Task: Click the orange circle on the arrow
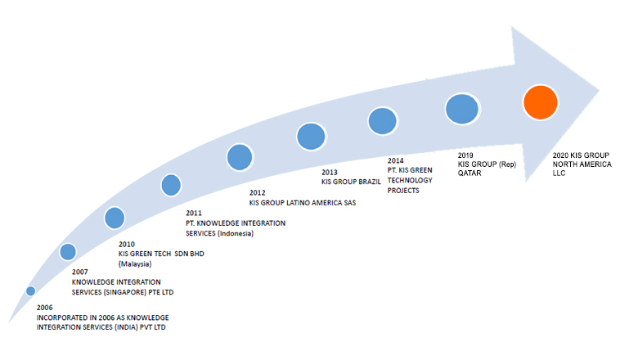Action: (x=541, y=102)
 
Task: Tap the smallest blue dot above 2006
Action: (x=30, y=290)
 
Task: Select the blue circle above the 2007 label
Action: (x=68, y=252)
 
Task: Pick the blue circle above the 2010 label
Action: (x=115, y=218)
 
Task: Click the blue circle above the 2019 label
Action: (x=462, y=109)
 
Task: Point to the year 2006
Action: (x=45, y=308)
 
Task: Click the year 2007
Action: (x=80, y=272)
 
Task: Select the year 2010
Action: (x=127, y=244)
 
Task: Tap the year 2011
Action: (x=194, y=213)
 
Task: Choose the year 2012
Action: (x=257, y=192)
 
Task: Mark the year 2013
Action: (x=329, y=172)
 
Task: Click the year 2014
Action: (x=396, y=160)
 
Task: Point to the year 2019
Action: (x=465, y=155)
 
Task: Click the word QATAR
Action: (x=470, y=173)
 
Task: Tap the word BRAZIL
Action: (x=370, y=182)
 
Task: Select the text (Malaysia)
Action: (x=135, y=264)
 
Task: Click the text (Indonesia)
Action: (x=236, y=233)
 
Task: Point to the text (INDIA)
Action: (x=126, y=327)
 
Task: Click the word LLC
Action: (x=559, y=173)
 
